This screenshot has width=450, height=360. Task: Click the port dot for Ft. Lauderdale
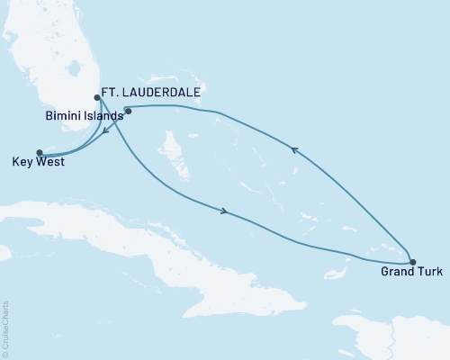97,98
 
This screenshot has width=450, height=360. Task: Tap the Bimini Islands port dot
128,112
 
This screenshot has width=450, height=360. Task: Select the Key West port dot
39,152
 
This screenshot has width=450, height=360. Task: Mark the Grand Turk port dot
412,262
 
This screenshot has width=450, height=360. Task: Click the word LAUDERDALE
158,91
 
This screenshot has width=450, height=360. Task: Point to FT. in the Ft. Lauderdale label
118,91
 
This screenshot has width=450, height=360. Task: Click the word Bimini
62,116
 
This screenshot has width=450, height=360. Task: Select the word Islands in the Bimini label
102,116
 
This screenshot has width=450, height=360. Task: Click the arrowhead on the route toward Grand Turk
223,212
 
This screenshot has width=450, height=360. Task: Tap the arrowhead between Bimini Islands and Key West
105,132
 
